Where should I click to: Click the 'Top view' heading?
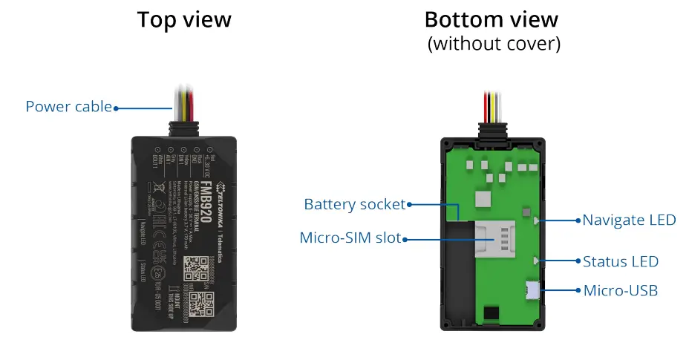(183, 20)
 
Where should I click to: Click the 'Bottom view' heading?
(492, 19)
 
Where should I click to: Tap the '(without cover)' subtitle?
(493, 44)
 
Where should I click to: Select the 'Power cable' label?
(68, 107)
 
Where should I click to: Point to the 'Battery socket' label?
(354, 204)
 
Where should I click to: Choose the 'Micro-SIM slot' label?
(350, 238)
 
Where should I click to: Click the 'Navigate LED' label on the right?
(629, 220)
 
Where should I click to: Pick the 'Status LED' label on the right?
(620, 261)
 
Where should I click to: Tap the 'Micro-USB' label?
(620, 290)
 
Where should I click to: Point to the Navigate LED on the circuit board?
(536, 220)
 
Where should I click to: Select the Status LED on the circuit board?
(536, 261)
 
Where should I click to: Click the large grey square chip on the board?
(483, 198)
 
